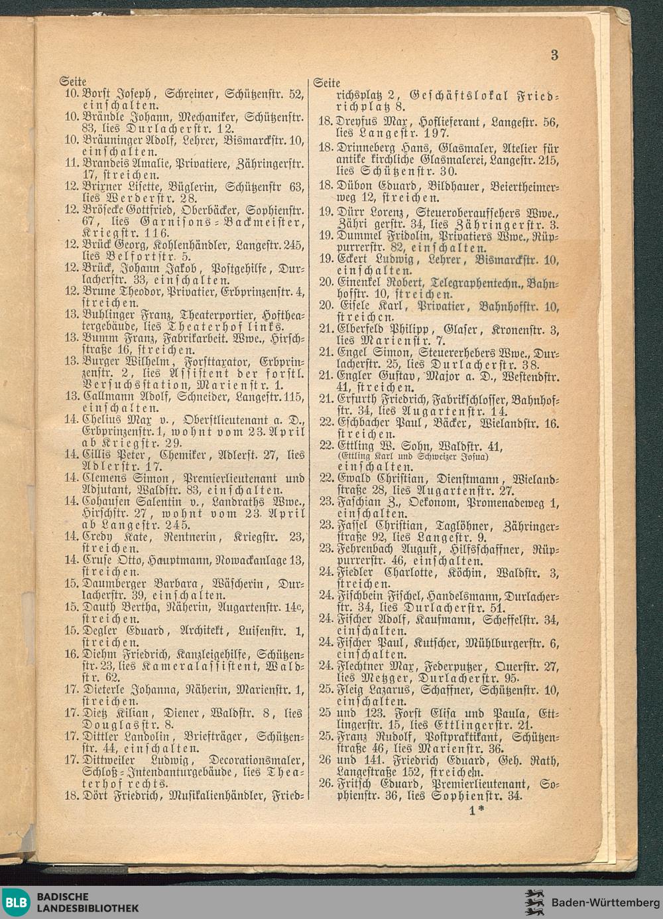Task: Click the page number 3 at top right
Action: pyautogui.click(x=554, y=55)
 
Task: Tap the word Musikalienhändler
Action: pyautogui.click(x=217, y=795)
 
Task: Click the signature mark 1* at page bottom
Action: pyautogui.click(x=476, y=810)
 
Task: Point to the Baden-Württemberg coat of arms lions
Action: pyautogui.click(x=534, y=902)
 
